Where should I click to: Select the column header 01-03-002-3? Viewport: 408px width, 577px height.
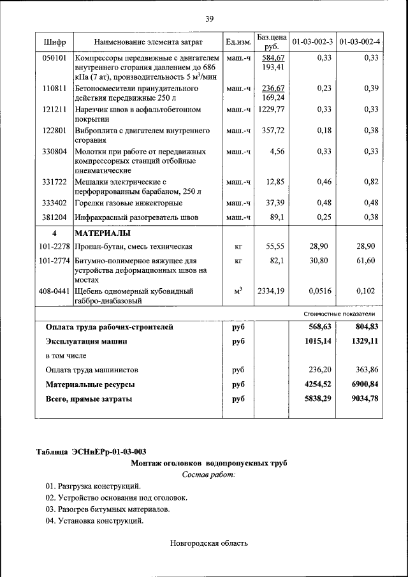pyautogui.click(x=312, y=42)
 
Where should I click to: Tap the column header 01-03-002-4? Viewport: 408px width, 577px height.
pyautogui.click(x=360, y=42)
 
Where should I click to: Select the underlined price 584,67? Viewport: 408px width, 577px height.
pyautogui.click(x=272, y=58)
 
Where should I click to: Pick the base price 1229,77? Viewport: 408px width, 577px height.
pyautogui.click(x=272, y=110)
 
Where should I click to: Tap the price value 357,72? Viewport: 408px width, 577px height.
pyautogui.click(x=273, y=131)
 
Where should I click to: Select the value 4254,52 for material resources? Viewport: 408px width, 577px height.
pyautogui.click(x=317, y=384)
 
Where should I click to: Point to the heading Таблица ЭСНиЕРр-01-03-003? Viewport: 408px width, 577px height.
pyautogui.click(x=87, y=452)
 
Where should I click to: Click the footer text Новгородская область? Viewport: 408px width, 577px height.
pyautogui.click(x=208, y=543)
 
